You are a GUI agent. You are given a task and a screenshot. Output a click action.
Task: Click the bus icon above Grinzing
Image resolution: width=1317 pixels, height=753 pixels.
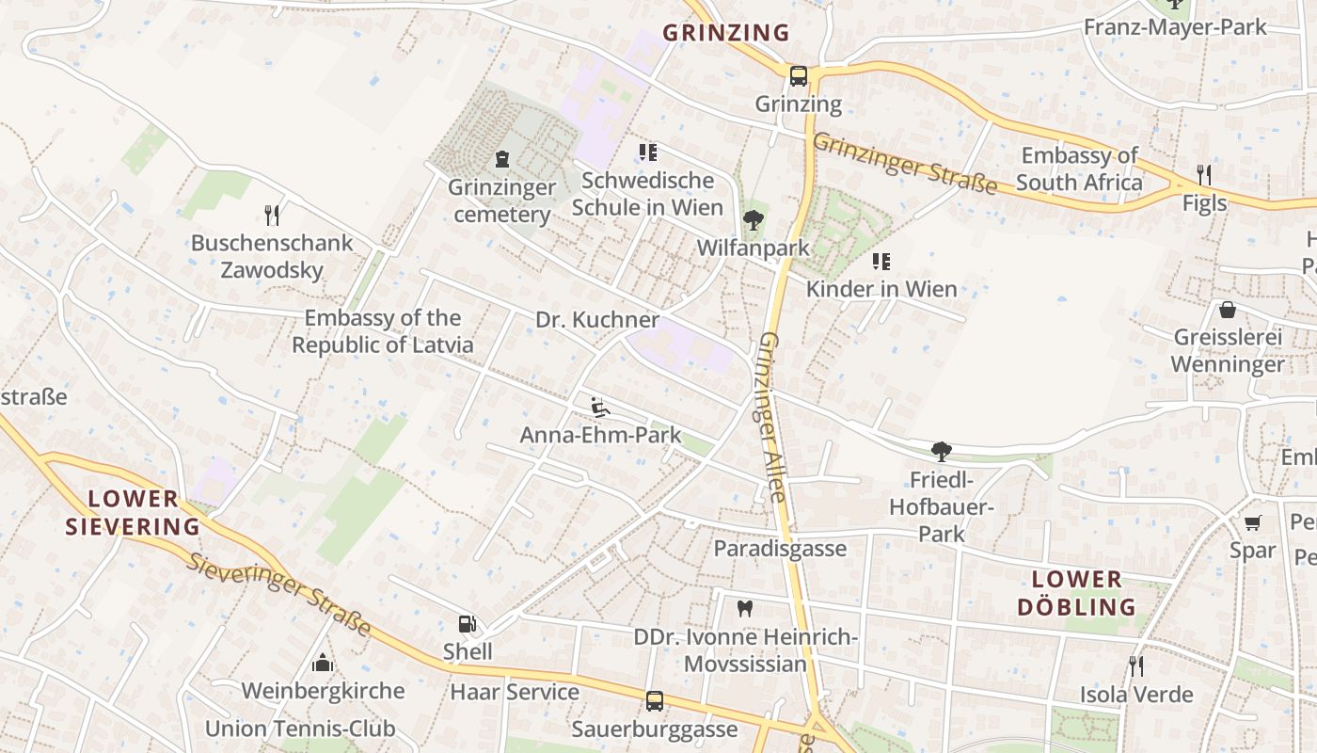click(798, 75)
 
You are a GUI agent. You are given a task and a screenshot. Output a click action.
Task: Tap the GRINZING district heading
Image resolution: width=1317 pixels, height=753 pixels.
click(726, 33)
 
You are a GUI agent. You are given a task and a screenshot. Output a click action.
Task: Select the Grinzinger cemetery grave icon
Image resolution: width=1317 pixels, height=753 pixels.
click(502, 159)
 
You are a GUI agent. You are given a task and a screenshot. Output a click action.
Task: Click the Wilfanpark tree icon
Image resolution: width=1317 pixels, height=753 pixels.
click(753, 220)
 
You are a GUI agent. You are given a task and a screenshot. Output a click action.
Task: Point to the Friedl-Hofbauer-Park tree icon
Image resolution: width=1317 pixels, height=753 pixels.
click(941, 452)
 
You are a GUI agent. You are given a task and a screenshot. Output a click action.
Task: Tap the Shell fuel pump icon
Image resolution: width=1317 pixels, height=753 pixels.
click(467, 624)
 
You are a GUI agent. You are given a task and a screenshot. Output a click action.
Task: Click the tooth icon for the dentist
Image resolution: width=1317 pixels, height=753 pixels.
click(745, 609)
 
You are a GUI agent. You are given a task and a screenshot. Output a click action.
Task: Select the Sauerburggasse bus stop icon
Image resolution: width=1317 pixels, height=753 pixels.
click(655, 701)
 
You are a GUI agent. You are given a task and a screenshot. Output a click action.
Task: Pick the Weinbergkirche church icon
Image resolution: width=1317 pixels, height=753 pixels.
click(323, 663)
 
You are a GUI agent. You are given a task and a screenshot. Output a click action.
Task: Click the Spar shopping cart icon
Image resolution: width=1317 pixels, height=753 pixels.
click(1252, 522)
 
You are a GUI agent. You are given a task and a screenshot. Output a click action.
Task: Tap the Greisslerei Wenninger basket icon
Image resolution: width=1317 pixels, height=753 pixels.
click(1228, 310)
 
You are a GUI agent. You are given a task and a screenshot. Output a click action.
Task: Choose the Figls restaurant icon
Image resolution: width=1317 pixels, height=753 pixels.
click(1203, 174)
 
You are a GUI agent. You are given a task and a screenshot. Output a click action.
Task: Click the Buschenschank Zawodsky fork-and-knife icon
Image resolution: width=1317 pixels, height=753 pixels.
click(272, 215)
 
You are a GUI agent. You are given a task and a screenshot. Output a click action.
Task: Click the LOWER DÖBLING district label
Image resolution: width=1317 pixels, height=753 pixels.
click(1076, 593)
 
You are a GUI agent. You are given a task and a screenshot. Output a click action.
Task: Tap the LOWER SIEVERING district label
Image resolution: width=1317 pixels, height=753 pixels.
click(133, 512)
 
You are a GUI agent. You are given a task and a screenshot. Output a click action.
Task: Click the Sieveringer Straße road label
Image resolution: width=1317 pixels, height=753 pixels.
click(278, 595)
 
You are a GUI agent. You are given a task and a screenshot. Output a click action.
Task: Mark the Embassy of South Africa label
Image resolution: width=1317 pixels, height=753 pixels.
click(1079, 168)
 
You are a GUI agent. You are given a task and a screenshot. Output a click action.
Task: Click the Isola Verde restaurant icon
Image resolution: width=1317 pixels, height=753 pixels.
click(1136, 666)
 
